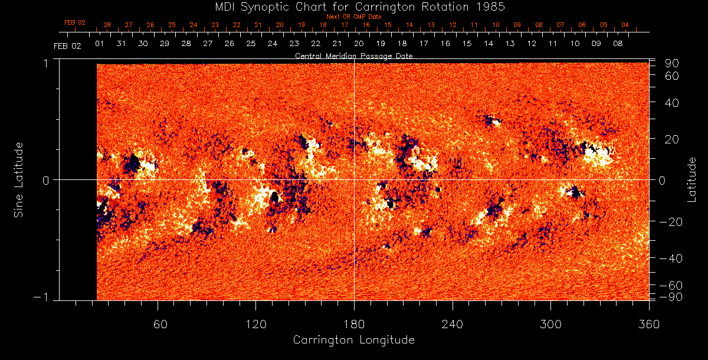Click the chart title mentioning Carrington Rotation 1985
click(354, 6)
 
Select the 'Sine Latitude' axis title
click(19, 179)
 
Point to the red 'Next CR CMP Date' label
click(354, 17)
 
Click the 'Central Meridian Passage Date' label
click(354, 55)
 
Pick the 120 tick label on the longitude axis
click(255, 324)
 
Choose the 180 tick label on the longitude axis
click(354, 324)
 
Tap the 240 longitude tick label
click(453, 324)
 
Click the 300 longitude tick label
click(550, 324)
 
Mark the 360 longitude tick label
click(649, 324)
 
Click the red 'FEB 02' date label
click(75, 23)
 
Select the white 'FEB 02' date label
click(67, 46)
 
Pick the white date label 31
click(121, 44)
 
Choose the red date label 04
click(625, 25)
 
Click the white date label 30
click(143, 44)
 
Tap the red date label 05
click(604, 25)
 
